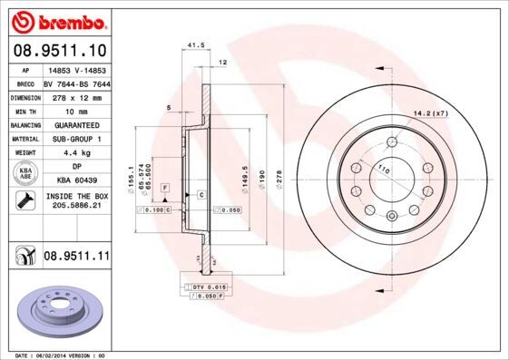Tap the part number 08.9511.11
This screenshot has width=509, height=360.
pyautogui.click(x=76, y=258)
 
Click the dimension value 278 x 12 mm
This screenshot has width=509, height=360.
pyautogui.click(x=76, y=95)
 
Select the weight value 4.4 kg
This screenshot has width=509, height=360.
pyautogui.click(x=76, y=152)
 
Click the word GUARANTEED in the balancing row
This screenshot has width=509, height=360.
pyautogui.click(x=76, y=123)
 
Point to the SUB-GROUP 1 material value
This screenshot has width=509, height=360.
pyautogui.click(x=76, y=138)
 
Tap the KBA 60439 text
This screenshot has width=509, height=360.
pyautogui.click(x=76, y=180)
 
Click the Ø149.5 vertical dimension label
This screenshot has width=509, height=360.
pyautogui.click(x=244, y=172)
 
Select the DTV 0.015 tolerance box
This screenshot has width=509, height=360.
pyautogui.click(x=208, y=287)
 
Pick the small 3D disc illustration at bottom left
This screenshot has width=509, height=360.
pyautogui.click(x=56, y=312)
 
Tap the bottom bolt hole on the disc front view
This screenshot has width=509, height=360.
pyautogui.click(x=391, y=215)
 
